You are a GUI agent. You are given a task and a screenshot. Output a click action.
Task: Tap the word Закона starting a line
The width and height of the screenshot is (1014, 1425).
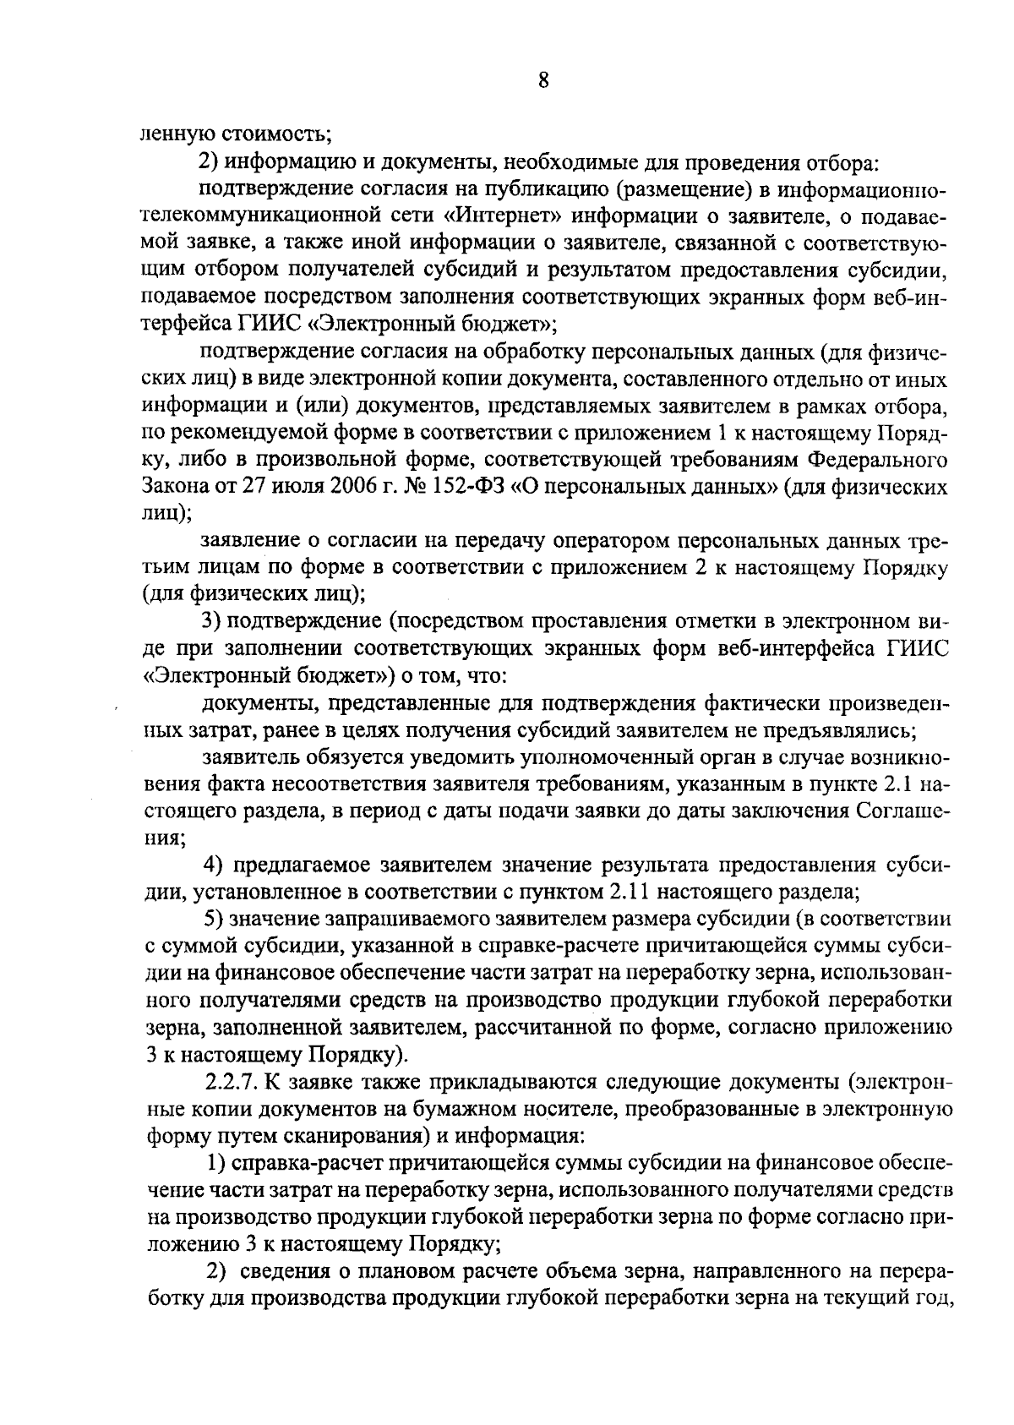click(x=172, y=488)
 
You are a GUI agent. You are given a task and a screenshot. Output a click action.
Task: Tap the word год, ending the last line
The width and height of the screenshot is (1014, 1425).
click(x=932, y=1297)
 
